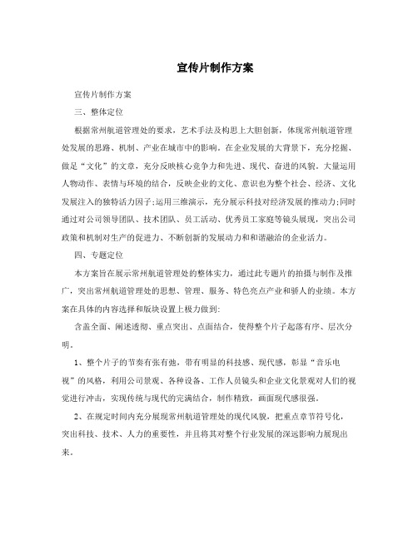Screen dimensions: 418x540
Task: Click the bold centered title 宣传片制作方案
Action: (209, 67)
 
